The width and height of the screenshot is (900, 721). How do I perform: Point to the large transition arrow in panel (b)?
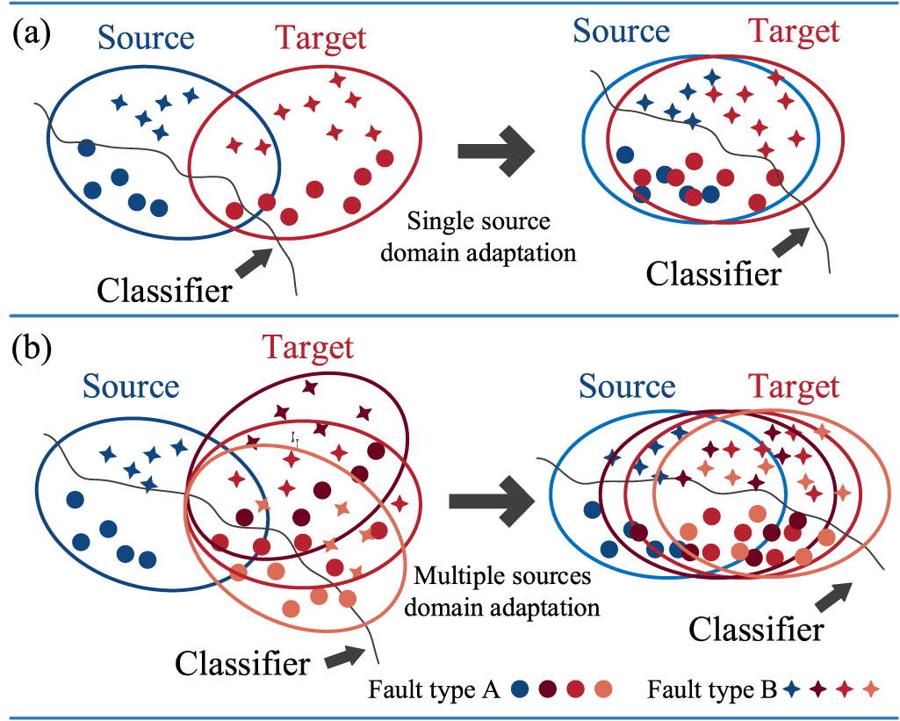click(491, 501)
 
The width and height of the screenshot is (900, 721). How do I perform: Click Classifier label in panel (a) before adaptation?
click(165, 289)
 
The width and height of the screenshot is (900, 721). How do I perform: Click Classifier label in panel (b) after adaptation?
click(756, 629)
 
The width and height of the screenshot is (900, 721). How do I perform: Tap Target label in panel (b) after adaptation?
click(794, 386)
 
